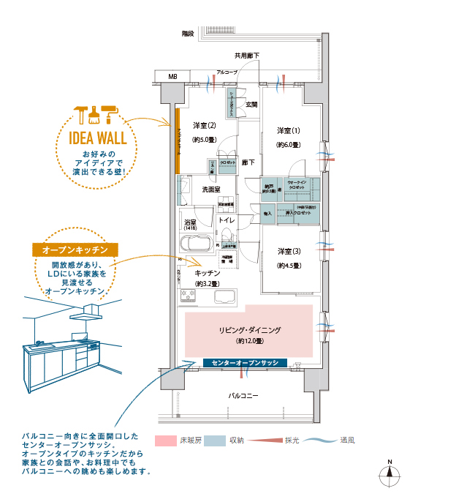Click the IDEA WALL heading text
point(97,138)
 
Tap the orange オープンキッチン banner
point(75,250)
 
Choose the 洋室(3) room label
point(289,251)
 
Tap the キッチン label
point(208,272)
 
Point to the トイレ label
point(227,220)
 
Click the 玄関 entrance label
point(251,105)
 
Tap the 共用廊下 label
point(247,56)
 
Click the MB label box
point(172,76)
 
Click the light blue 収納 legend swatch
point(214,441)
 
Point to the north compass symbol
point(390,473)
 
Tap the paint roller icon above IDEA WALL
point(113,113)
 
